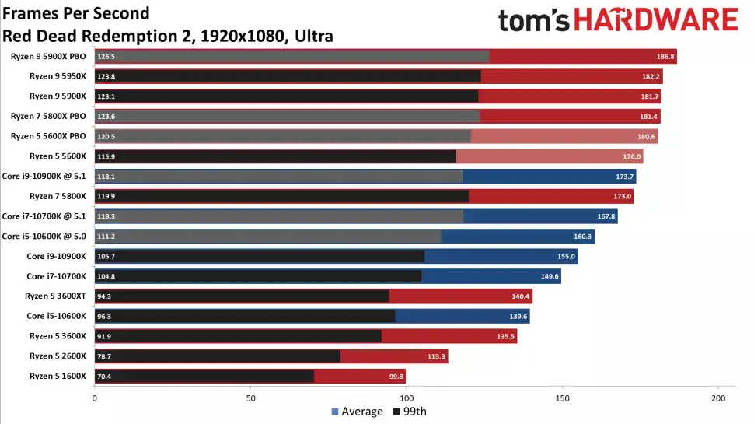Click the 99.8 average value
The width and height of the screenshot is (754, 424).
tap(395, 376)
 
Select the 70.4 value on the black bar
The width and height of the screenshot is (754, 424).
tap(105, 376)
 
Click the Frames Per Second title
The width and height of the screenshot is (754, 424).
tap(76, 14)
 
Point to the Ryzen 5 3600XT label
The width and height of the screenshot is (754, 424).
tap(57, 296)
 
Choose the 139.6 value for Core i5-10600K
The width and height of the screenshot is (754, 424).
tap(518, 316)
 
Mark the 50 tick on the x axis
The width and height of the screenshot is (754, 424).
tap(250, 398)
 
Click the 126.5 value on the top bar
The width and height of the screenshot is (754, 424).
tap(106, 57)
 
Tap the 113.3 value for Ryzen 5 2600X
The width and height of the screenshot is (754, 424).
tap(437, 356)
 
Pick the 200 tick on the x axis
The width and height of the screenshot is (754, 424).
tap(718, 398)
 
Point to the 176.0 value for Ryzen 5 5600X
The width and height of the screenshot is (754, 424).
tap(632, 156)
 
